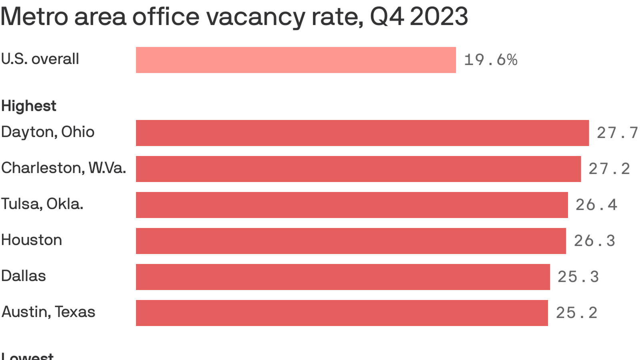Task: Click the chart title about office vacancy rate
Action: [234, 17]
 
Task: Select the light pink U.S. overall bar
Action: [296, 60]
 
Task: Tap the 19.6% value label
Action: [490, 60]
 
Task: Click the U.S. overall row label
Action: [40, 59]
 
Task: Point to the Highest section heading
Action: [29, 106]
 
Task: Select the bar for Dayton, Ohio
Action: [362, 133]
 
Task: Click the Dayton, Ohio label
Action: [48, 132]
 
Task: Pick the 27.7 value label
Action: [617, 133]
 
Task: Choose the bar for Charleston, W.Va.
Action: [358, 169]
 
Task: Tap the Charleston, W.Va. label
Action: [64, 168]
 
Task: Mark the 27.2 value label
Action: [609, 169]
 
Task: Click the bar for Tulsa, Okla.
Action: [352, 205]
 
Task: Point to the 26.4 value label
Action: [596, 205]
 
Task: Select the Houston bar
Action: [351, 241]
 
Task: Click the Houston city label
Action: [32, 240]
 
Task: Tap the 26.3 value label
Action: [594, 241]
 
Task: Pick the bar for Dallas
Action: [343, 277]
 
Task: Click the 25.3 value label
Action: [578, 277]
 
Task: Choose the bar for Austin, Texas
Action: [342, 313]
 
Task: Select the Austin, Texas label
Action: [48, 312]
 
